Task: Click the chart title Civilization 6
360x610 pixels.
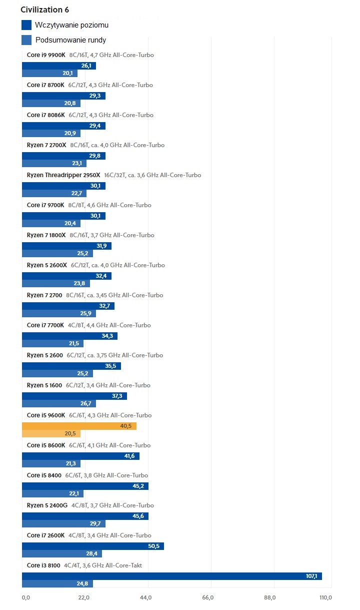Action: (44, 10)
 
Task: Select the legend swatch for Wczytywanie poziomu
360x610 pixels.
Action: (26, 25)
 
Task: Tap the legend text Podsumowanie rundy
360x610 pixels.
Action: (70, 40)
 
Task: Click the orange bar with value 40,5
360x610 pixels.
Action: (79, 426)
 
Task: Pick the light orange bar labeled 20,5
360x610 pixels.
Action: (51, 434)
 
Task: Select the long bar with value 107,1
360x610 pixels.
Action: (171, 576)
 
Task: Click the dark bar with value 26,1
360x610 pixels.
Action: (58, 66)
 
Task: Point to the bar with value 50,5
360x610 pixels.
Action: (92, 546)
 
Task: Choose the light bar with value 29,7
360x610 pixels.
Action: (63, 524)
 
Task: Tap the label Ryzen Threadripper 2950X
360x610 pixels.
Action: (63, 175)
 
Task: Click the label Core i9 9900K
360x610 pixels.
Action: (45, 55)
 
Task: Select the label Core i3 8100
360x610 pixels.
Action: (43, 565)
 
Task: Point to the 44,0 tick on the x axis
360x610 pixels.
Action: (146, 597)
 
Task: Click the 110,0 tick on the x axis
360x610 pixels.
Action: (325, 597)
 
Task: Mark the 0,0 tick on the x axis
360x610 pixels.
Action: (26, 597)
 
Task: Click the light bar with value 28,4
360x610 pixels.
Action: (61, 554)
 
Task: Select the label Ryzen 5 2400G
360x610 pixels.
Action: (47, 505)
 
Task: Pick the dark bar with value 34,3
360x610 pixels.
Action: (69, 336)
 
